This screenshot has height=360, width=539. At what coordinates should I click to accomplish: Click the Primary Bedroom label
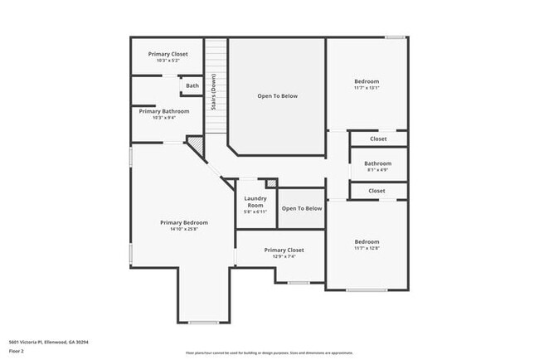click(184, 222)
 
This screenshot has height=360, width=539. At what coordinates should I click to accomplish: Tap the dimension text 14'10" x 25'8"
click(184, 229)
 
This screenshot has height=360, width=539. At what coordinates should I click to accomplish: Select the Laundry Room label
click(255, 202)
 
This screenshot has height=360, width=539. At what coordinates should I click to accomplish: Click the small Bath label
click(192, 85)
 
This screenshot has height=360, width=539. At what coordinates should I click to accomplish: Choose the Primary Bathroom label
click(163, 111)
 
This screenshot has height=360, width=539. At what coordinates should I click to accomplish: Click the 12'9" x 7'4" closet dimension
click(284, 256)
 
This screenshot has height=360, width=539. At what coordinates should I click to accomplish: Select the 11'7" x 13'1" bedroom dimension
click(367, 88)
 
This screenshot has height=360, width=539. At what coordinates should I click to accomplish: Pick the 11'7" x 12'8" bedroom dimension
click(367, 248)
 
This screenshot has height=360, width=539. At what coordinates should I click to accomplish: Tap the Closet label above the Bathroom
click(377, 139)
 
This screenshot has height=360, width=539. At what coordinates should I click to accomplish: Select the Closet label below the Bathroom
click(377, 191)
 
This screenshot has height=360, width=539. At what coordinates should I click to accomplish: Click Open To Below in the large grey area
click(277, 96)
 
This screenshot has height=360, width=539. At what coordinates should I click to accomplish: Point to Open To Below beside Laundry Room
click(302, 208)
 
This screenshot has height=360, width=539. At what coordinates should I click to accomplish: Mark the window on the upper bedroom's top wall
click(396, 36)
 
